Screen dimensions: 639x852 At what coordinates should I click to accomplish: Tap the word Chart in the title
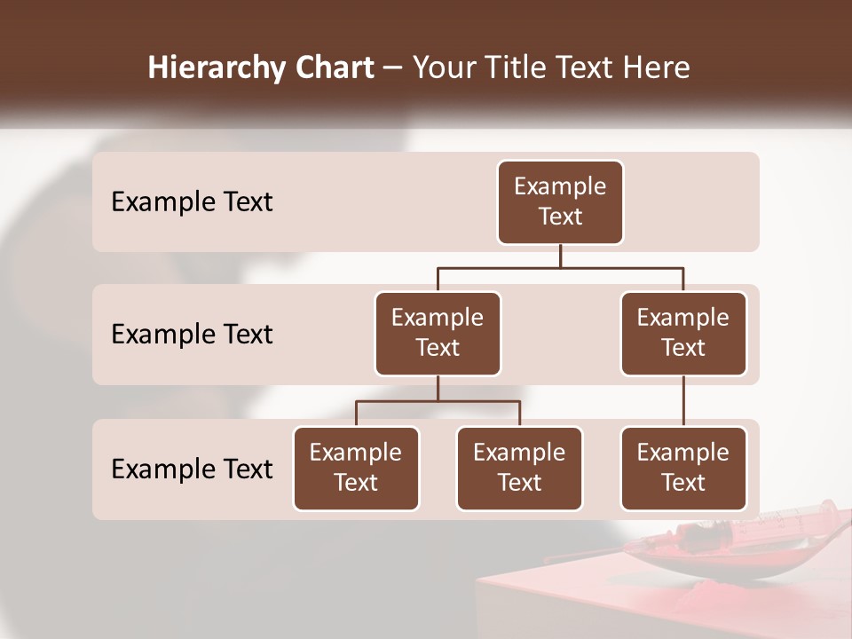(x=332, y=68)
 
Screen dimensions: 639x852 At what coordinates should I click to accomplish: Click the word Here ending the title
(x=656, y=68)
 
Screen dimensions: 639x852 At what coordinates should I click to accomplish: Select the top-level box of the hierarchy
(x=560, y=202)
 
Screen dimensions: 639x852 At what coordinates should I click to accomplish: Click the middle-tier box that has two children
(x=438, y=334)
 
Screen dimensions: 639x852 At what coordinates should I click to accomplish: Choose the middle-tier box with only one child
(x=683, y=334)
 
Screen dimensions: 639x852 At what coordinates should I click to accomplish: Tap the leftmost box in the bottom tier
(x=356, y=469)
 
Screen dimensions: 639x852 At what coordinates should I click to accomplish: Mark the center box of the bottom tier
(x=519, y=469)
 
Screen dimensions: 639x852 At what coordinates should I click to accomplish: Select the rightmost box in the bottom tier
(x=683, y=469)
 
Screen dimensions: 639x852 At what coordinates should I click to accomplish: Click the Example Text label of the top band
(x=192, y=202)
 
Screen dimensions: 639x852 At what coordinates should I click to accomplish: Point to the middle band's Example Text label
(x=192, y=335)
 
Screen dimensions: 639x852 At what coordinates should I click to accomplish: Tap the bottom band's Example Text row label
(x=192, y=469)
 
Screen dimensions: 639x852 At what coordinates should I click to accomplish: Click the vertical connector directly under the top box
(x=560, y=256)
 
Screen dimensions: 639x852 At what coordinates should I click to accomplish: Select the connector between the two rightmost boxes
(x=683, y=401)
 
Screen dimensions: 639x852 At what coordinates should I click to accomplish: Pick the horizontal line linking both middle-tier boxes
(x=560, y=267)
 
